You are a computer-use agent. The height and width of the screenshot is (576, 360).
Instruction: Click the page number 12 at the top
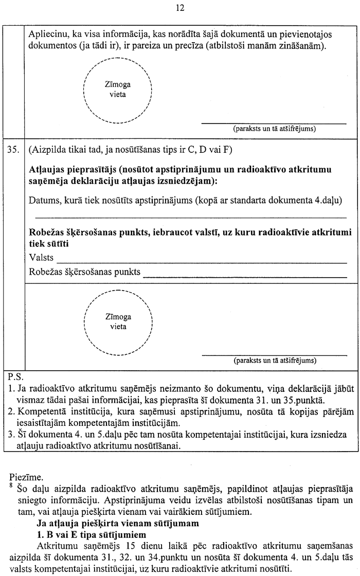pos(179,8)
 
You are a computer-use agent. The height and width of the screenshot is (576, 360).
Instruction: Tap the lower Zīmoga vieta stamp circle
pos(118,322)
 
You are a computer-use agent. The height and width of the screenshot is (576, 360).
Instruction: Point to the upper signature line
pos(274,123)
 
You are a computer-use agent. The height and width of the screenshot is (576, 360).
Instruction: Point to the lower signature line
pos(274,355)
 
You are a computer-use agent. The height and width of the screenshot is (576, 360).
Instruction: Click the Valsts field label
pos(42,257)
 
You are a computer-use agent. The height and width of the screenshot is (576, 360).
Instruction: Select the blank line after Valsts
pos(202,262)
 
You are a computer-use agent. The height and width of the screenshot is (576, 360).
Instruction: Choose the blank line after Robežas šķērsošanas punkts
pos(245,276)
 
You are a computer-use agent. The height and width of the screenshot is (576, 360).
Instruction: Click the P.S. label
pos(15,375)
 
